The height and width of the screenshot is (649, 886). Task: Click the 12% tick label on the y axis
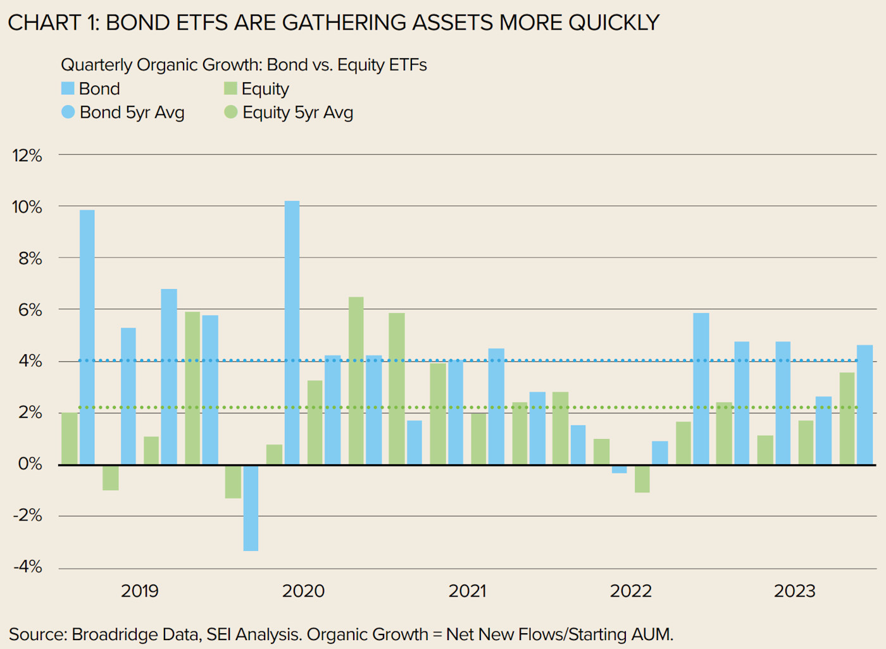click(x=27, y=156)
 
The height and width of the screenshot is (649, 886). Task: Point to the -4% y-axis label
click(x=28, y=567)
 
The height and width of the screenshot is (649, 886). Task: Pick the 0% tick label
click(x=30, y=464)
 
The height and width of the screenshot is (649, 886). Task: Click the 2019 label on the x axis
click(x=140, y=591)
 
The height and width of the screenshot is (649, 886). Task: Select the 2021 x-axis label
click(x=467, y=591)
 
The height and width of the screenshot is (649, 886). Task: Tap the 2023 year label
click(x=794, y=591)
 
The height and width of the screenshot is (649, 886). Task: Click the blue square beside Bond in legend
click(x=68, y=89)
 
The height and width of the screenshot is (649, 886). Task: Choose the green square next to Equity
click(x=230, y=89)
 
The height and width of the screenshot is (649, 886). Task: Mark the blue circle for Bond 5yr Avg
click(x=68, y=112)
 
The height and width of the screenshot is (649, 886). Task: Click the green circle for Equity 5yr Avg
click(x=230, y=112)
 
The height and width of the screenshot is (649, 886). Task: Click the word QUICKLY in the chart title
click(x=613, y=23)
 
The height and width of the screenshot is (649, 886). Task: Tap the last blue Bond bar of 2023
click(x=864, y=405)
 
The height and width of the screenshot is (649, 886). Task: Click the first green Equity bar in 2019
click(x=70, y=438)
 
